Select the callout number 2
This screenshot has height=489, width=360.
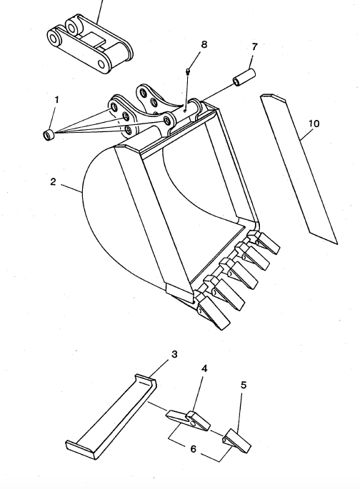[53, 182]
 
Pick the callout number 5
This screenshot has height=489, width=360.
[244, 385]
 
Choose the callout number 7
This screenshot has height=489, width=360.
[254, 47]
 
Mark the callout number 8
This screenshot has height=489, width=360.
[204, 45]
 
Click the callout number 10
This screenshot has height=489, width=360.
[314, 124]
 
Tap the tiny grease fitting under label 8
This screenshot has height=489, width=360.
[186, 71]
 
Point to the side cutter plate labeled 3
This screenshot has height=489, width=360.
[111, 418]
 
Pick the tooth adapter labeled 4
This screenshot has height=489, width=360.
[189, 420]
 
